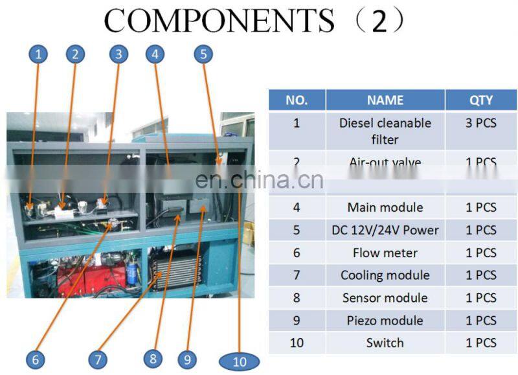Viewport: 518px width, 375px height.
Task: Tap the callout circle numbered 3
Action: [x=117, y=54]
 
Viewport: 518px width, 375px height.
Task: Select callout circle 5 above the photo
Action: [x=203, y=54]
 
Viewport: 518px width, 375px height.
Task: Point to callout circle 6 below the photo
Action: [x=36, y=359]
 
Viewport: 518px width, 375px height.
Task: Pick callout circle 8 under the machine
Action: [x=153, y=358]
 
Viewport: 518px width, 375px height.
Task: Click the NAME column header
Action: [x=385, y=100]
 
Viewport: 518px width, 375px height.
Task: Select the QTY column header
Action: [x=480, y=100]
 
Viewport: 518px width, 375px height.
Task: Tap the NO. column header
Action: [x=297, y=100]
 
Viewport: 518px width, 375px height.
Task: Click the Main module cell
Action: [x=385, y=207]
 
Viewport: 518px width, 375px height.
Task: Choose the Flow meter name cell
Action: [x=385, y=253]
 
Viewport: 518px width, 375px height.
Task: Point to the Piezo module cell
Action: [x=385, y=321]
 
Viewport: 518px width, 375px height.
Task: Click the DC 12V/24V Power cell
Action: [x=385, y=230]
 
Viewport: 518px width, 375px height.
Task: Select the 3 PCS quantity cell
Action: [x=480, y=123]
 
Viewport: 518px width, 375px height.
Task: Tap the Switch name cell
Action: [x=385, y=343]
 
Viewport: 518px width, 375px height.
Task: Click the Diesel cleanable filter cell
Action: [x=385, y=130]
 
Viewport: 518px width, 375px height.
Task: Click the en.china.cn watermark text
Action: [x=259, y=179]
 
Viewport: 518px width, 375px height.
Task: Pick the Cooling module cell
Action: [x=385, y=275]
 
